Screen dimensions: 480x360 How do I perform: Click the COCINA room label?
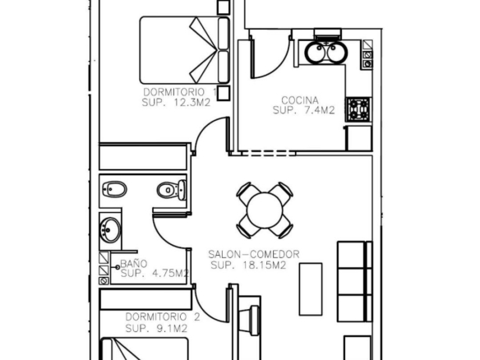pyautogui.click(x=300, y=100)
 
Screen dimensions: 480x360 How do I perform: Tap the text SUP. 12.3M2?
pyautogui.click(x=176, y=103)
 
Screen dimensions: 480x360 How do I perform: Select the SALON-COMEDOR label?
pyautogui.click(x=254, y=254)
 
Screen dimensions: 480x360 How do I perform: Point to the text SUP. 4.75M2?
pyautogui.click(x=155, y=273)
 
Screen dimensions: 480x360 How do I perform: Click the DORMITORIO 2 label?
pyautogui.click(x=163, y=316)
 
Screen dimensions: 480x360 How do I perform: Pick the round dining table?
pyautogui.click(x=265, y=210)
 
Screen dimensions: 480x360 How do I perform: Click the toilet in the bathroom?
pyautogui.click(x=172, y=190)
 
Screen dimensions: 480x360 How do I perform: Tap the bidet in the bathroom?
pyautogui.click(x=115, y=190)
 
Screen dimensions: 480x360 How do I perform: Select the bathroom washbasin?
pyautogui.click(x=110, y=230)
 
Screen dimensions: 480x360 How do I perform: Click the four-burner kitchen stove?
pyautogui.click(x=359, y=109)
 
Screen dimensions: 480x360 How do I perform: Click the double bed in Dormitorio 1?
pyautogui.click(x=185, y=50)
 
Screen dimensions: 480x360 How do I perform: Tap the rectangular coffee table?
pyautogui.click(x=311, y=289)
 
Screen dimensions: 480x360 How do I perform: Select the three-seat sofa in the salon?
pyautogui.click(x=355, y=281)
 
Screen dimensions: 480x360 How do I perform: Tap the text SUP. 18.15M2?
pyautogui.click(x=248, y=265)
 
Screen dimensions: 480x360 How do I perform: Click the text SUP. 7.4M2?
pyautogui.click(x=303, y=110)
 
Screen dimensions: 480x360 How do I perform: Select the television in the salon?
pyautogui.click(x=250, y=319)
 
